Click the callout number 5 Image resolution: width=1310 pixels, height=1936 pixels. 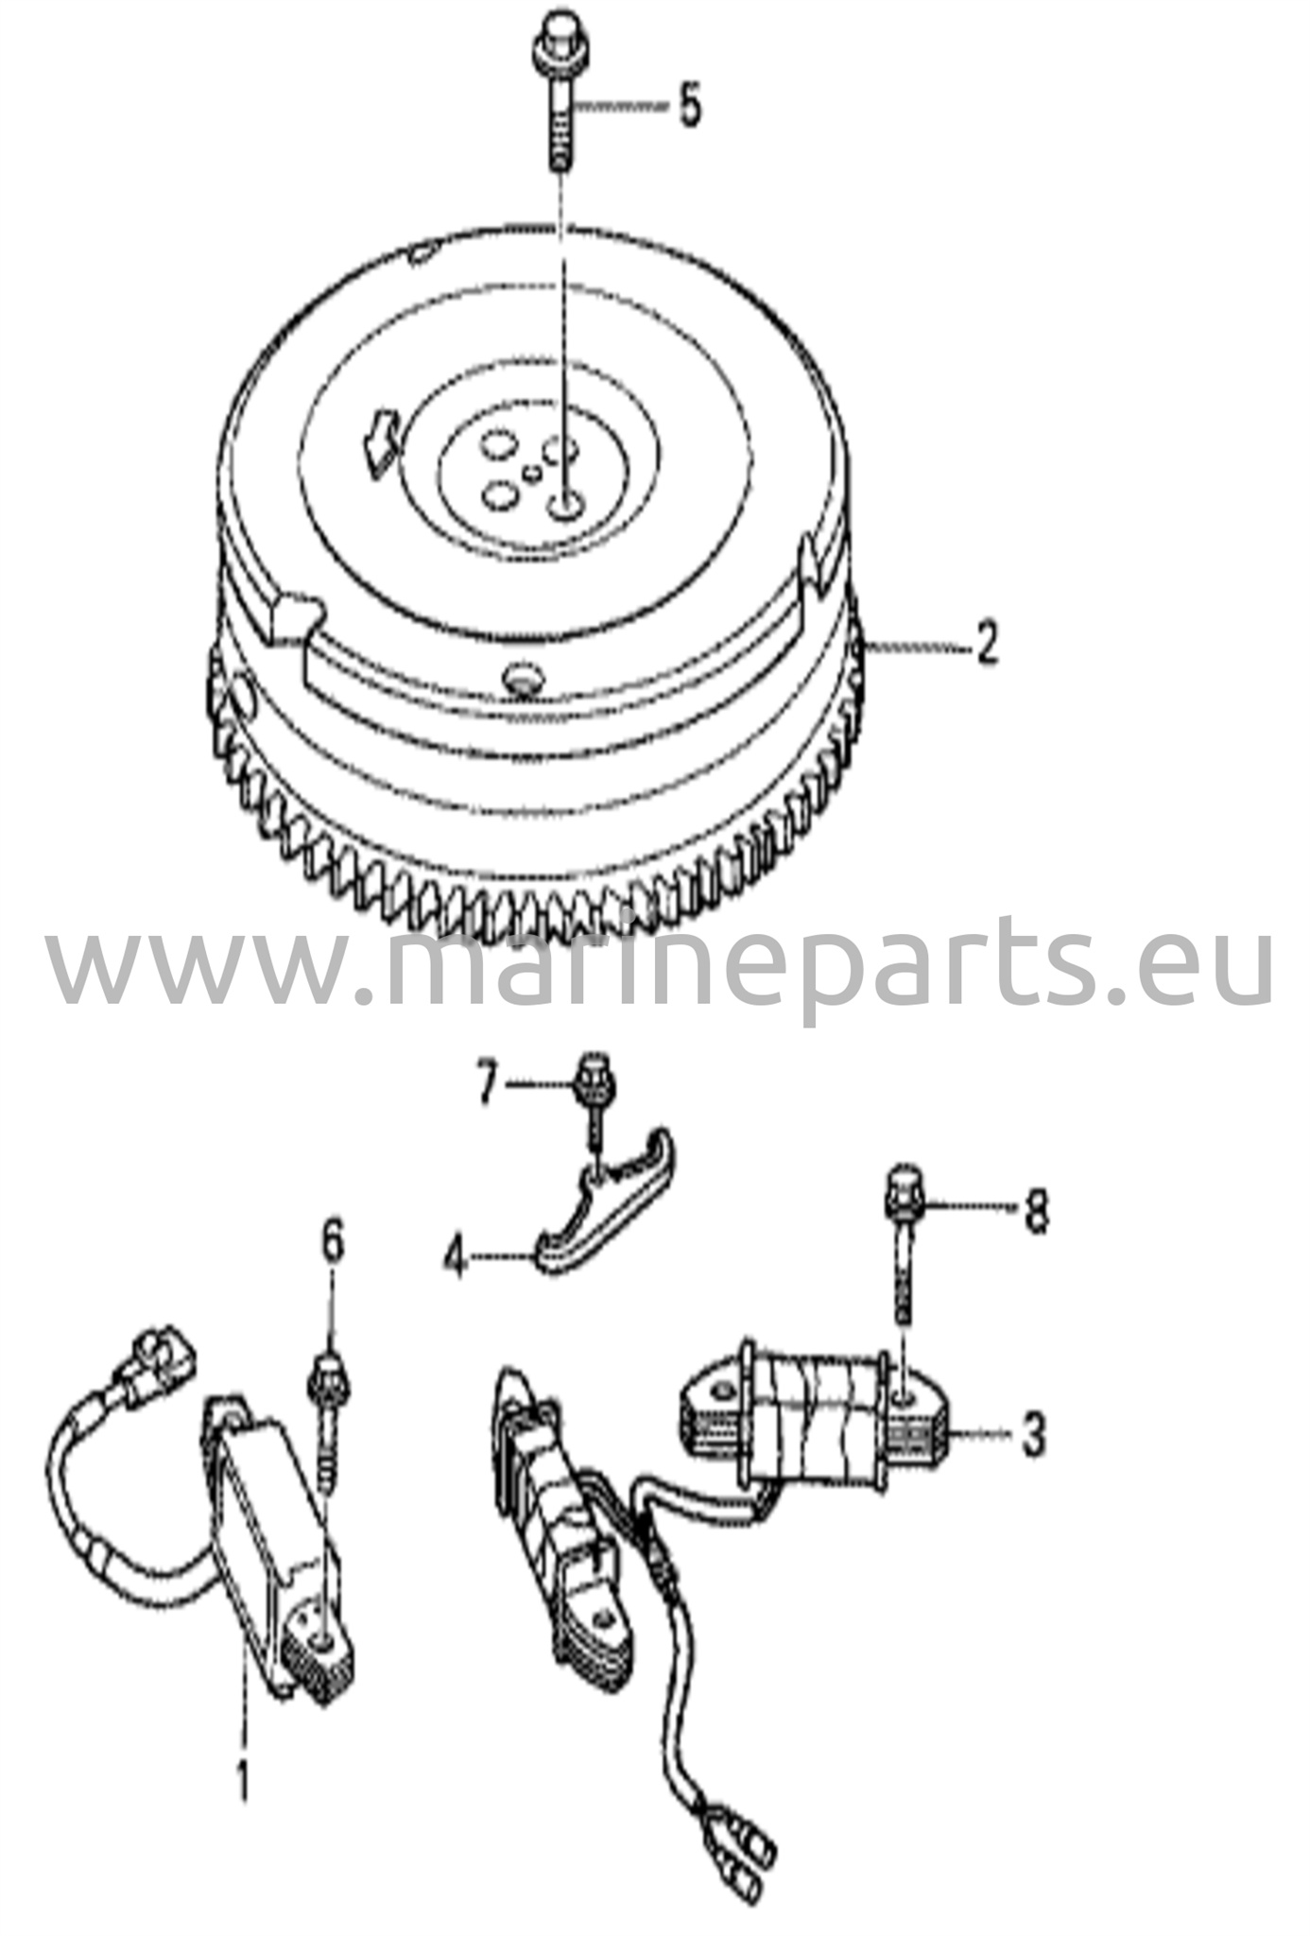[x=689, y=107]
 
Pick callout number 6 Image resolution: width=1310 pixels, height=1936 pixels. [x=332, y=1243]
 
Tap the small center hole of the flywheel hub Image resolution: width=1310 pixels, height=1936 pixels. [x=533, y=472]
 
